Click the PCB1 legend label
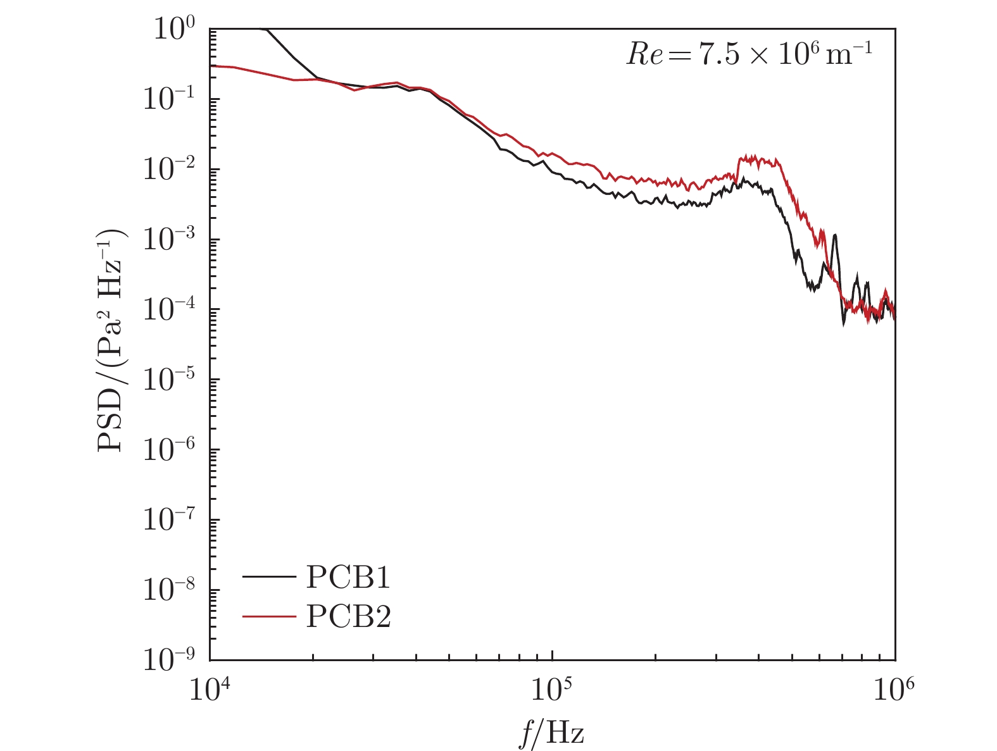348,577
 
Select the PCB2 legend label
348,616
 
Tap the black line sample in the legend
269,577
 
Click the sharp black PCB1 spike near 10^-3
836,235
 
